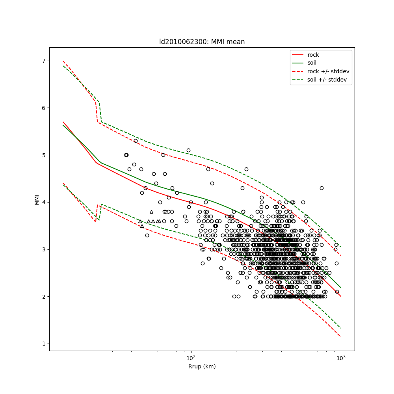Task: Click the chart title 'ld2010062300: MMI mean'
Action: [202, 42]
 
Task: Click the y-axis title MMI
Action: [37, 199]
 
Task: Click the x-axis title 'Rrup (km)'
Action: [202, 366]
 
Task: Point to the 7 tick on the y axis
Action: [43, 61]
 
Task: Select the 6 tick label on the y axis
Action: [43, 108]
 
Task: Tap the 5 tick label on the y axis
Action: [43, 155]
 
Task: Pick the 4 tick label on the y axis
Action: [43, 202]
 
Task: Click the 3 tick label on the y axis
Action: [43, 249]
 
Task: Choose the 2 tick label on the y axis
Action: [43, 297]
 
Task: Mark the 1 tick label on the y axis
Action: [43, 344]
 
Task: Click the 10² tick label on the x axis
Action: [191, 358]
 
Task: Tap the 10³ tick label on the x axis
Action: [341, 358]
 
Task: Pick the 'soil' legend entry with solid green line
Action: [312, 63]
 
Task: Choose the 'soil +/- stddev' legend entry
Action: [327, 80]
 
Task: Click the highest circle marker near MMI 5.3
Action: [136, 141]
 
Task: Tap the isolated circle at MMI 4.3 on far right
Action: [322, 188]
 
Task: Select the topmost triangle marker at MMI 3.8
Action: [151, 212]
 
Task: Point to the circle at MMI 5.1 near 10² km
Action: [188, 150]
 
